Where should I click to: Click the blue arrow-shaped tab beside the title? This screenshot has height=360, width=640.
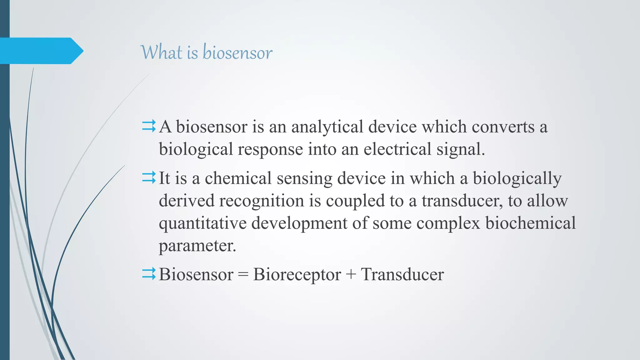[x=41, y=51]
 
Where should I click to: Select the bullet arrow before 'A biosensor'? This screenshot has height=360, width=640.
[x=149, y=127]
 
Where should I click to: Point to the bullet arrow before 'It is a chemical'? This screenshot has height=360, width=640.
[x=149, y=178]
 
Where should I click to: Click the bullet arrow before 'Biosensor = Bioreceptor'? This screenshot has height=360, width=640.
[x=149, y=274]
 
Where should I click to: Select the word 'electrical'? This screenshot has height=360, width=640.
[x=397, y=149]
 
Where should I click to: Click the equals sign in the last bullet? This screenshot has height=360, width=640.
[x=243, y=275]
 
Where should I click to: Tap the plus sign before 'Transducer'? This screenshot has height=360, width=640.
[x=351, y=275]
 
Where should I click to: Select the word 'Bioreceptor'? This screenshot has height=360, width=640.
[x=297, y=275]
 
